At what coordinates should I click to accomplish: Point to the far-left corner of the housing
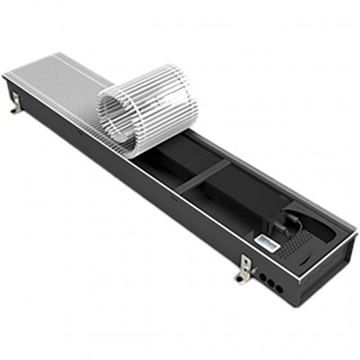point(6,79)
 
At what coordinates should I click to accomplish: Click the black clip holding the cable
point(286,217)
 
